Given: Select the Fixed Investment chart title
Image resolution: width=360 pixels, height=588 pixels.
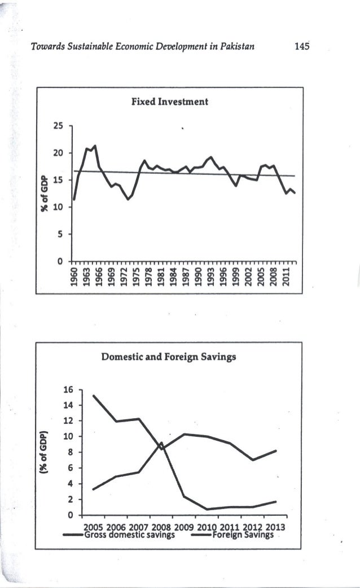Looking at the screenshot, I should [x=170, y=102].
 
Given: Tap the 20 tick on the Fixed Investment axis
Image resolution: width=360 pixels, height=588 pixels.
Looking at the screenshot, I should [x=58, y=153].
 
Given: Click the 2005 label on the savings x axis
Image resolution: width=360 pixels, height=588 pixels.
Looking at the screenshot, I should [x=94, y=528].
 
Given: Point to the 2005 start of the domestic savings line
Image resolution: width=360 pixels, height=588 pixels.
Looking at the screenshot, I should [x=93, y=395].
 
